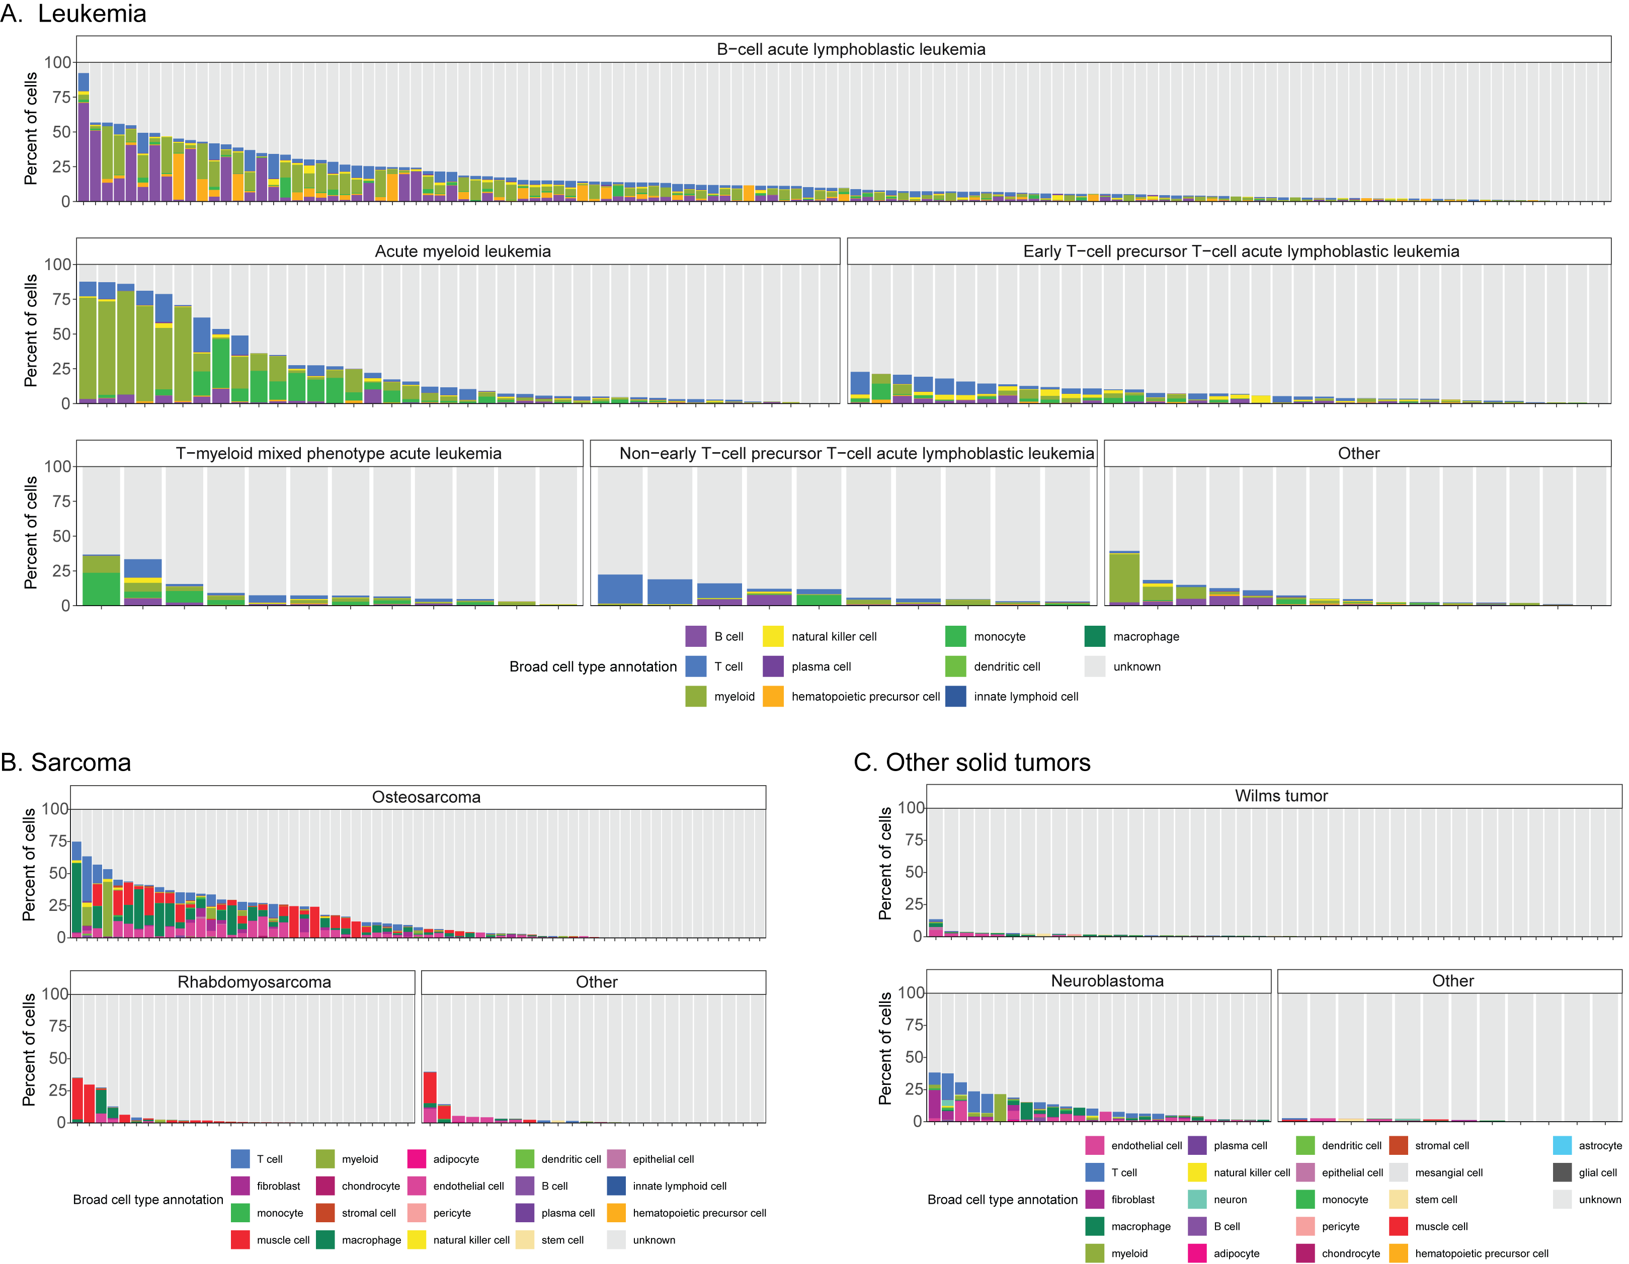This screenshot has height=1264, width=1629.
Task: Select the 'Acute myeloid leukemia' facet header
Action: click(x=462, y=251)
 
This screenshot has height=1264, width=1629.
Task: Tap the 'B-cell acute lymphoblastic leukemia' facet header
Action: click(x=850, y=49)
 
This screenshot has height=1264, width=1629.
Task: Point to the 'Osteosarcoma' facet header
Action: click(x=426, y=796)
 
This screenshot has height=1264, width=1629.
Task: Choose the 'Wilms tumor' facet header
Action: click(x=1281, y=796)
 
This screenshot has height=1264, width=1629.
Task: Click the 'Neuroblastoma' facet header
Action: click(x=1107, y=981)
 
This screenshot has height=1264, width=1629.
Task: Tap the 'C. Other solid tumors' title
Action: click(x=972, y=762)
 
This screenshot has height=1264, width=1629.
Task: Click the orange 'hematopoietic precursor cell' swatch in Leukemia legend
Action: click(x=773, y=697)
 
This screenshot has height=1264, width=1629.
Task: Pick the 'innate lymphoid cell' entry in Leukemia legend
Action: click(x=1026, y=697)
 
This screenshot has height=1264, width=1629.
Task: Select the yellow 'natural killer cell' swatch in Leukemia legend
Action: click(x=773, y=636)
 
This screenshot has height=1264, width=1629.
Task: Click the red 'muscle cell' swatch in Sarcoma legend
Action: click(x=240, y=1239)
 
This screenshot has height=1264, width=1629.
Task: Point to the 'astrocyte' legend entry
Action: click(x=1600, y=1145)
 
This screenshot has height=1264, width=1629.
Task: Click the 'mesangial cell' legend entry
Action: click(x=1448, y=1172)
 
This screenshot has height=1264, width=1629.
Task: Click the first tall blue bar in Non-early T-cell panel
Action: click(x=620, y=589)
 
